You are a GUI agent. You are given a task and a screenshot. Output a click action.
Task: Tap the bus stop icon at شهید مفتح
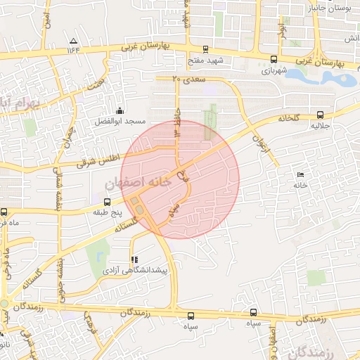tap(205, 49)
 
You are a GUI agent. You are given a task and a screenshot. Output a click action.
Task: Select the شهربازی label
tap(274, 71)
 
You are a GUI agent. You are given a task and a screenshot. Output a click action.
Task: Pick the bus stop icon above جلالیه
tap(321, 115)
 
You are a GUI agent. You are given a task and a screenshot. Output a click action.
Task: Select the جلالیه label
tap(321, 127)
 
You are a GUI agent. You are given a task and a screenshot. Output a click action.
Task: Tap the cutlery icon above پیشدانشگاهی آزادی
tap(134, 259)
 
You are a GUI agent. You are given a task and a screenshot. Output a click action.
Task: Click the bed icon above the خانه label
tap(302, 174)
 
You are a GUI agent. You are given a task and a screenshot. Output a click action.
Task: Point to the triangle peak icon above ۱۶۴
tap(75, 39)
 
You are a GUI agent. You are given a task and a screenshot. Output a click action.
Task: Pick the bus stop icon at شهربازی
tap(274, 60)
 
